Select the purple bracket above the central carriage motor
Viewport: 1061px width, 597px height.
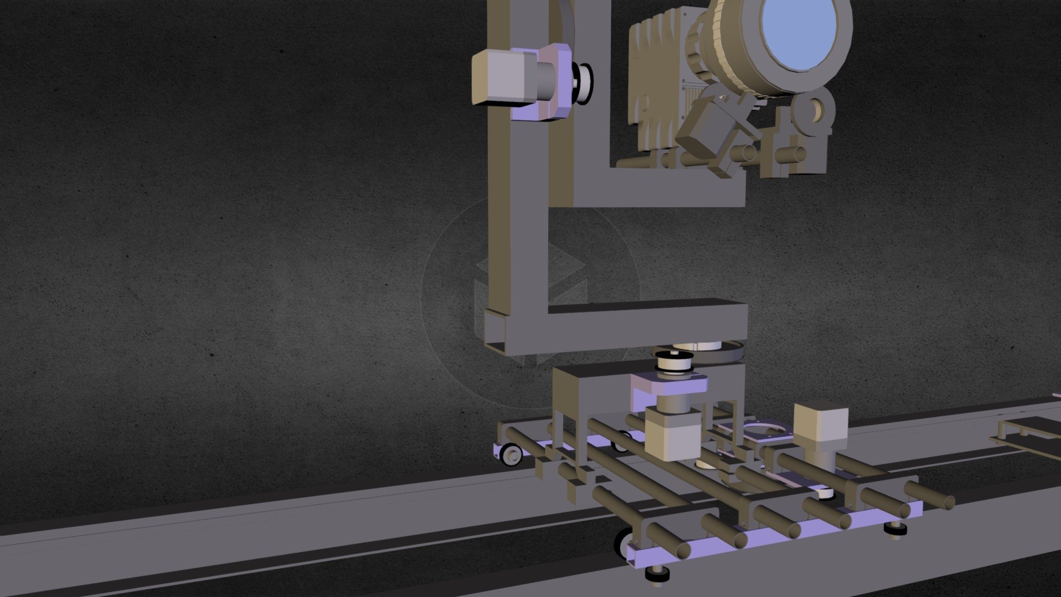[x=669, y=385]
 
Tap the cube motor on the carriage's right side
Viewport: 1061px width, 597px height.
[x=820, y=423]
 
